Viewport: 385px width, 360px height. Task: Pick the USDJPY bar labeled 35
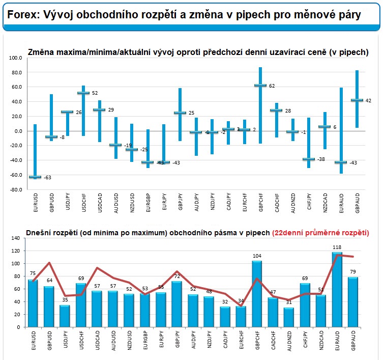65,316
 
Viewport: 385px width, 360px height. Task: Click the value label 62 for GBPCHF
272,86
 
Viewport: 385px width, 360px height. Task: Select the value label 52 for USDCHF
95,93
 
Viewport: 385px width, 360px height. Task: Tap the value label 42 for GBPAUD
368,100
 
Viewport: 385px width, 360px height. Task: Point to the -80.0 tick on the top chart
16,190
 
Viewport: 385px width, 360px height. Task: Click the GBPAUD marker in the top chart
357,100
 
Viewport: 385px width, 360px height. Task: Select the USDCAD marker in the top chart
99,109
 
